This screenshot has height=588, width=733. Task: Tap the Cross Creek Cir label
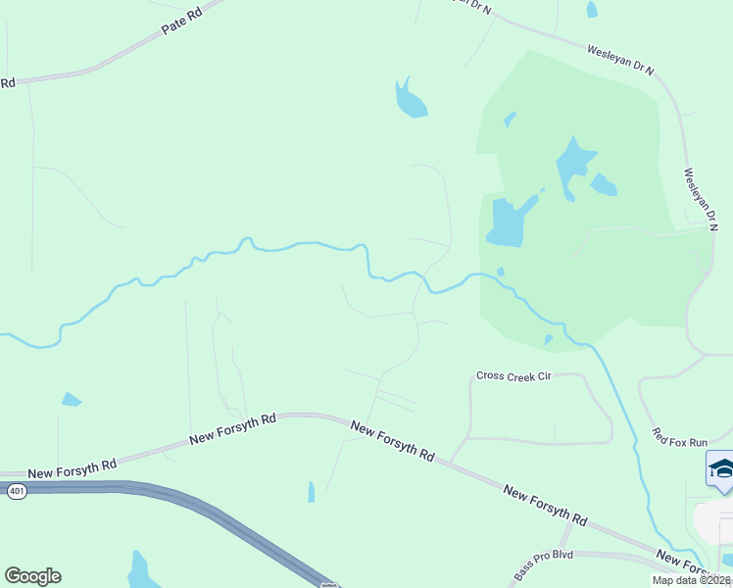point(514,376)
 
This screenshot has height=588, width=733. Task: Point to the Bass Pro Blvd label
point(543,566)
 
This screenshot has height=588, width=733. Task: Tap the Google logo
point(32,576)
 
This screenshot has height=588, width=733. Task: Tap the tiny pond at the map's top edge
point(592,10)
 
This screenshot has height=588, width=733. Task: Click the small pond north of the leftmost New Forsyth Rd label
point(71,399)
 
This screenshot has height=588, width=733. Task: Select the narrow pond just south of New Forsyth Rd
point(312,491)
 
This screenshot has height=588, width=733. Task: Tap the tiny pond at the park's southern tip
point(549,340)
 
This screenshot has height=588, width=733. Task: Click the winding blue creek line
point(294,244)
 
